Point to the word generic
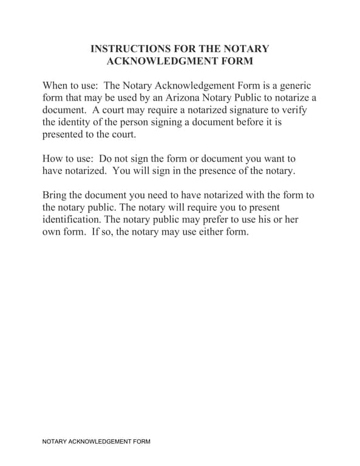pos(294,86)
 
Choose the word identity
pos(77,122)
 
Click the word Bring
pos(55,195)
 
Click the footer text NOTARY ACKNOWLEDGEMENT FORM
pos(96,442)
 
